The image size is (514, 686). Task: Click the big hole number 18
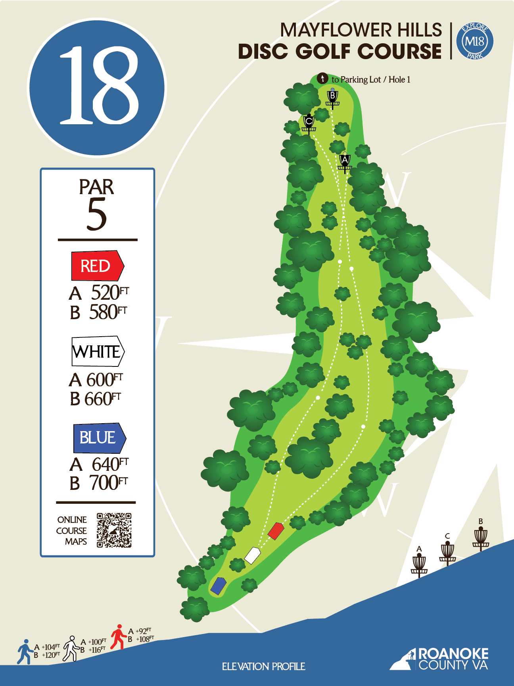pyautogui.click(x=97, y=87)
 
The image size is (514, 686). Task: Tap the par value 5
pyautogui.click(x=97, y=214)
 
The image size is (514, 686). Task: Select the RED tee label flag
pyautogui.click(x=97, y=266)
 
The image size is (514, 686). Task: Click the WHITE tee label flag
pyautogui.click(x=98, y=351)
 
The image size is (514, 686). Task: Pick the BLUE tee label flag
pyautogui.click(x=99, y=438)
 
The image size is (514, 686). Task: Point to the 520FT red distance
pyautogui.click(x=109, y=293)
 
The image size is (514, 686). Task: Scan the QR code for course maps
pyautogui.click(x=114, y=530)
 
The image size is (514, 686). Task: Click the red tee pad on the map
pyautogui.click(x=276, y=531)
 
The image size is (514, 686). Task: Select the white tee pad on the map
pyautogui.click(x=252, y=555)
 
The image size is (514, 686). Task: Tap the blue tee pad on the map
pyautogui.click(x=218, y=586)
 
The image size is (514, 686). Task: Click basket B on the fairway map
pyautogui.click(x=332, y=99)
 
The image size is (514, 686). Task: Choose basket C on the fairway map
pyautogui.click(x=309, y=123)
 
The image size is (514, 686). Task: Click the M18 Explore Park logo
pyautogui.click(x=475, y=41)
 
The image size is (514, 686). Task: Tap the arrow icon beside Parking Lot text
pyautogui.click(x=322, y=79)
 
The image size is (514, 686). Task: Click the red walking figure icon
pyautogui.click(x=118, y=637)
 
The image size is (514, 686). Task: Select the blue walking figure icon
pyautogui.click(x=25, y=651)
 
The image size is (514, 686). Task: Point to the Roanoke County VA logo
pyautogui.click(x=440, y=659)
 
